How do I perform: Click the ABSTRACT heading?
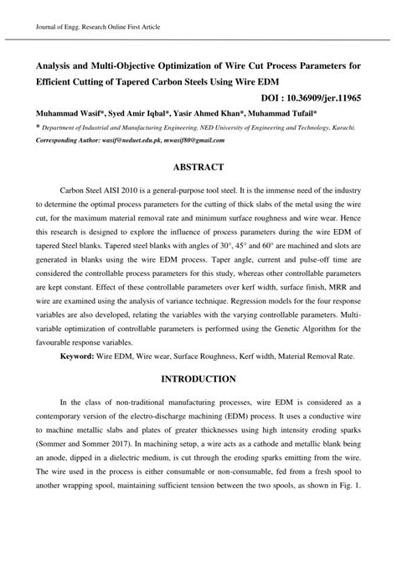[x=198, y=167]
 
